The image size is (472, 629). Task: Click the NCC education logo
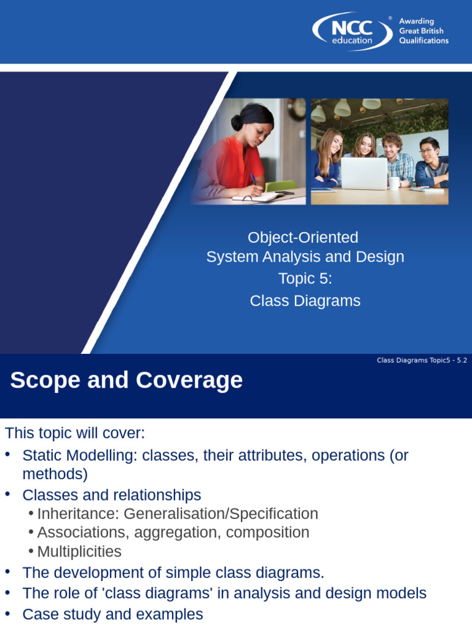click(352, 31)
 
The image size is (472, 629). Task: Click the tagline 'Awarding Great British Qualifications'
click(423, 31)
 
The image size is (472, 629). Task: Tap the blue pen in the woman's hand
click(253, 179)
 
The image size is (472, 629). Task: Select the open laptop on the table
click(364, 174)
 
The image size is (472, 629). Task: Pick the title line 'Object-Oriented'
click(302, 237)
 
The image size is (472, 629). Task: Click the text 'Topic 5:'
click(305, 278)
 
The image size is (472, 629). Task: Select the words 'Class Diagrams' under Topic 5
click(305, 300)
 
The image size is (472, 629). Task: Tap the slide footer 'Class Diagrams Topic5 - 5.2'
click(422, 361)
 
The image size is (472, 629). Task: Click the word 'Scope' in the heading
click(44, 381)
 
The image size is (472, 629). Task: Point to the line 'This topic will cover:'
click(75, 433)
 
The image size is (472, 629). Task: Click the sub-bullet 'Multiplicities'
click(79, 552)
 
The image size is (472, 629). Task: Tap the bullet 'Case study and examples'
click(112, 614)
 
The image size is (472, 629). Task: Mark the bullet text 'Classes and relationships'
click(111, 495)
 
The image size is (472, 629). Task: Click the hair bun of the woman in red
click(237, 122)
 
